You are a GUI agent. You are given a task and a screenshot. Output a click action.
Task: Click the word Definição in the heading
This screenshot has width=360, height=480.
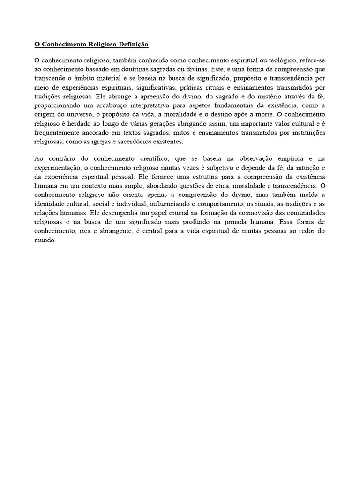coord(134,45)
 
